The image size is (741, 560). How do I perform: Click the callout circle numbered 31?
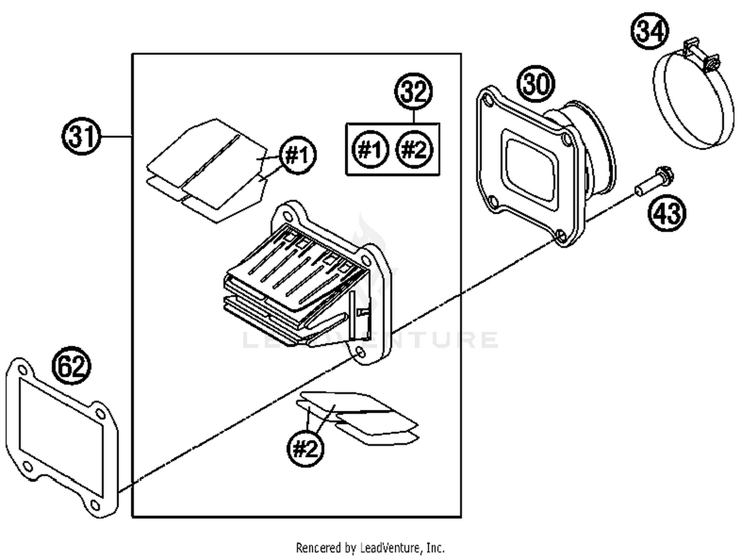pos(82,136)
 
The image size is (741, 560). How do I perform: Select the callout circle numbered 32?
pos(413,92)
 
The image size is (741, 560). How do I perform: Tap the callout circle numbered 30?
pos(536,83)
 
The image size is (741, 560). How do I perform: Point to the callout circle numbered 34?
pos(650,31)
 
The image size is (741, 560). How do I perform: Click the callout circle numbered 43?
pos(667,213)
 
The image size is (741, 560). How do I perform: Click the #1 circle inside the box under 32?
pos(370,149)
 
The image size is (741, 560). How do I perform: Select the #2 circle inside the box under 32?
pos(414,149)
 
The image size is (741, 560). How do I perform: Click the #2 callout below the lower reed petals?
pos(306,448)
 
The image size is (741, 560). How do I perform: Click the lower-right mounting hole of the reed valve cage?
pos(360,353)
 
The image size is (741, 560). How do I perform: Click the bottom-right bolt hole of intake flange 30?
pos(561,236)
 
